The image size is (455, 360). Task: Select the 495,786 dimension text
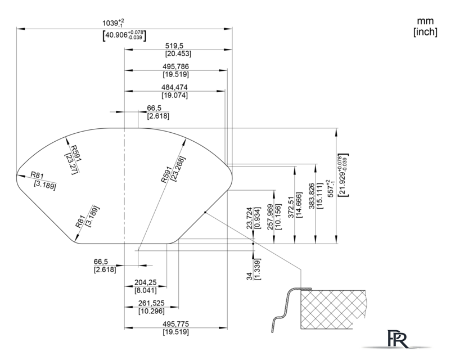coord(175,66)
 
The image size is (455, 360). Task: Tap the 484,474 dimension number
coord(174,87)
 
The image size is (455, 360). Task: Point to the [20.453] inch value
coord(178,53)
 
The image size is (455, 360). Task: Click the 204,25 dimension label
coord(145,282)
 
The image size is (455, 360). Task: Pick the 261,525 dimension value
coord(151,303)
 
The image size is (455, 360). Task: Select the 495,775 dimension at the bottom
coord(175,323)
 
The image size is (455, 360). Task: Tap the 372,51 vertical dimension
coord(291,207)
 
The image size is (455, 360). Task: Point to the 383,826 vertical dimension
coord(312,196)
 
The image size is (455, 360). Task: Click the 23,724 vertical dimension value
coord(250,218)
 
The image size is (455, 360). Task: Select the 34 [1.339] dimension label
coord(254,269)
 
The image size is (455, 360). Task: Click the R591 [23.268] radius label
coord(173,169)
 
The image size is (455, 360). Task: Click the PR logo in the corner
coord(398,339)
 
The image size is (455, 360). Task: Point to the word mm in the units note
coord(425,21)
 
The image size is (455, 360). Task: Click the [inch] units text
coord(425,31)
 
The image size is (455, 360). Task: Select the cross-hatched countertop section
coord(333,309)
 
